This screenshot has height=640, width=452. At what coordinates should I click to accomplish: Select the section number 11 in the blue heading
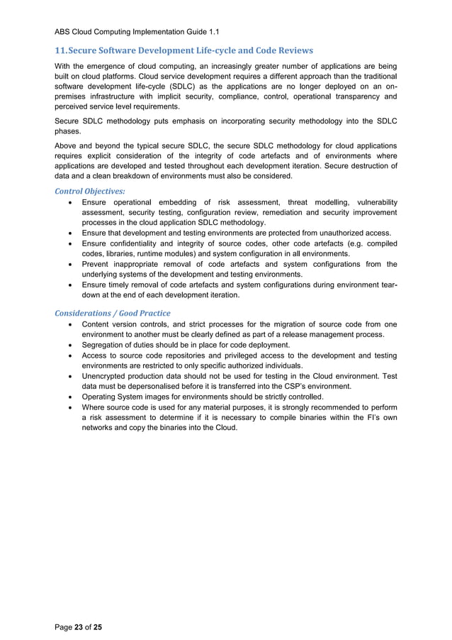point(61,50)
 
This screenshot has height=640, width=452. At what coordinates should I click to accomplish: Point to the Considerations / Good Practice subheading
point(113,313)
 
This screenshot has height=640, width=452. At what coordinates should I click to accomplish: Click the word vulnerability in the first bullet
point(371,202)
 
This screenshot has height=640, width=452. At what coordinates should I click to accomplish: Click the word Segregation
point(108,345)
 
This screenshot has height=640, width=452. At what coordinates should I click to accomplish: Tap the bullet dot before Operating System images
point(66,397)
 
